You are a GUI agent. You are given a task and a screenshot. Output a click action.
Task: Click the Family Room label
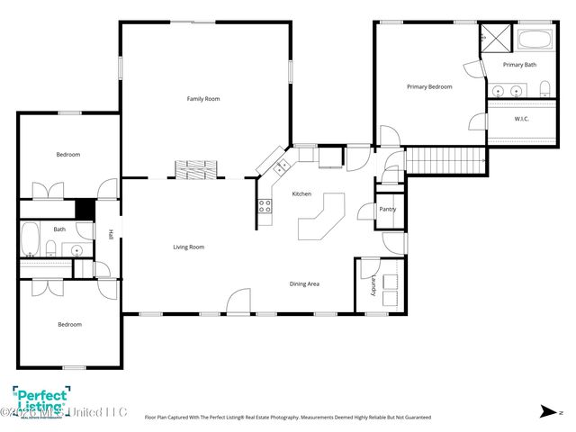point(202,98)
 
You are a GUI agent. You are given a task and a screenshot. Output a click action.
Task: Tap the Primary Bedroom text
point(429,86)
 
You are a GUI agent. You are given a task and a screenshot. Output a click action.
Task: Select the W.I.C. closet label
point(521,118)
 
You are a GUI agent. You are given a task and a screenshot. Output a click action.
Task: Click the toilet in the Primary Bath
point(545,88)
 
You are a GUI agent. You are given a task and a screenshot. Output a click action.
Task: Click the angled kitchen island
point(321,217)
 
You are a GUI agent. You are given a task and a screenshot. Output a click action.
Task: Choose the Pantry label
point(387,210)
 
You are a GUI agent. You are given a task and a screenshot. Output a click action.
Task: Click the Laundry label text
point(370,286)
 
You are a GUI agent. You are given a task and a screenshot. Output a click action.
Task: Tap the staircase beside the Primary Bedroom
point(444,160)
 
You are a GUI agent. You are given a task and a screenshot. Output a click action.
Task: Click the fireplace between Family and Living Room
point(195,169)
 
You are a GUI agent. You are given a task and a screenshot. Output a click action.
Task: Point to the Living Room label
point(189,247)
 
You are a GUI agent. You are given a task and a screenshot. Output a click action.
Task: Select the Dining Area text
point(304,283)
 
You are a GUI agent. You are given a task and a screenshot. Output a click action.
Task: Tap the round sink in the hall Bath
point(77,250)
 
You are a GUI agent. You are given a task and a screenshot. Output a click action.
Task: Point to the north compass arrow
point(546,411)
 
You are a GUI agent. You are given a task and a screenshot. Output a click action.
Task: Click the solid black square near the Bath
point(85,208)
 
